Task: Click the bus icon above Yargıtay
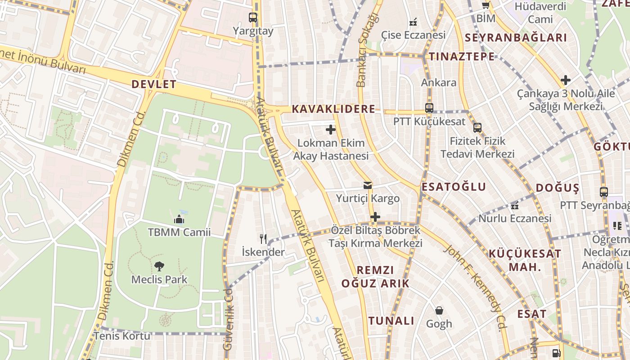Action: (x=253, y=18)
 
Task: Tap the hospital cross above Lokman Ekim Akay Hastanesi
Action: (x=331, y=130)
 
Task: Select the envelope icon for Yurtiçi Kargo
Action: (x=368, y=185)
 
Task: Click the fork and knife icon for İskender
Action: (x=263, y=238)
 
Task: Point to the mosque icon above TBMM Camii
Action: (x=179, y=220)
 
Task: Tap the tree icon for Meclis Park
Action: (x=159, y=266)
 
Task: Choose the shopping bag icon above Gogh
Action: (x=439, y=310)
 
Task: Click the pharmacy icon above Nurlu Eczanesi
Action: (x=515, y=206)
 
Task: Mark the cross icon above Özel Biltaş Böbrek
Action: (x=375, y=217)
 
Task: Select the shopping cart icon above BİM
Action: (x=486, y=5)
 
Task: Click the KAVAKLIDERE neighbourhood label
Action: (x=333, y=109)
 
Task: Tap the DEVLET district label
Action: (x=154, y=84)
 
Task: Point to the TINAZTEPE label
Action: (x=462, y=57)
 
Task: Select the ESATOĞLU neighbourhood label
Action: (x=454, y=187)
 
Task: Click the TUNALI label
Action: (x=391, y=321)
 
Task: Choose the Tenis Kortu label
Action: (x=122, y=336)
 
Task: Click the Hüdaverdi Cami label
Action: (x=540, y=13)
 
